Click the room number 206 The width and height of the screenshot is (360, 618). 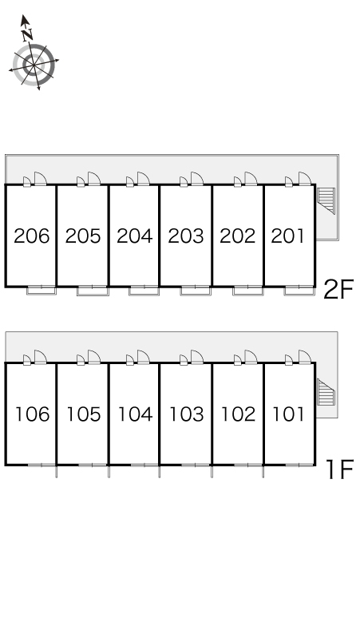pos(31,236)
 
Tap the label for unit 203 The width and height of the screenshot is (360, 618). pos(186,236)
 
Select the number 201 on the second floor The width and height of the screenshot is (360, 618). pos(288,236)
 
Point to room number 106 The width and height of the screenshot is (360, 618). pos(32,414)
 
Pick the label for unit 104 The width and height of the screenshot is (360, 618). pos(135,414)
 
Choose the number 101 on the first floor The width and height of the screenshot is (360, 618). pos(289,414)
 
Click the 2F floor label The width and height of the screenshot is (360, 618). pos(338,289)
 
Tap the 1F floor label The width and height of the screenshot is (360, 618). pos(341,469)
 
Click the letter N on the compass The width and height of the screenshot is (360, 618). pos(27,34)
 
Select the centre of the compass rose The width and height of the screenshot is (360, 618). pos(34,64)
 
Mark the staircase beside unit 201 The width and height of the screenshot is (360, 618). pos(326,200)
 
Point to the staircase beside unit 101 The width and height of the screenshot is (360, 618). pos(326,393)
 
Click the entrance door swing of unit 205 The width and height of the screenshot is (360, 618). pos(94,179)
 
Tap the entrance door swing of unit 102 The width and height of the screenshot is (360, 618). pos(251,357)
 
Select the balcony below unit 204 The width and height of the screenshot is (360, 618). pos(144,291)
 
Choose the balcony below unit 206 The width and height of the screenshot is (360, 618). pos(42,291)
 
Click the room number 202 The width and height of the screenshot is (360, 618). pos(238,236)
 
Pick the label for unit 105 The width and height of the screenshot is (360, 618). pos(84,414)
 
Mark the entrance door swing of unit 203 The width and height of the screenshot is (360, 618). pos(197,179)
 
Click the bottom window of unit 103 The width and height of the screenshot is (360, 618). pos(196,465)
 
